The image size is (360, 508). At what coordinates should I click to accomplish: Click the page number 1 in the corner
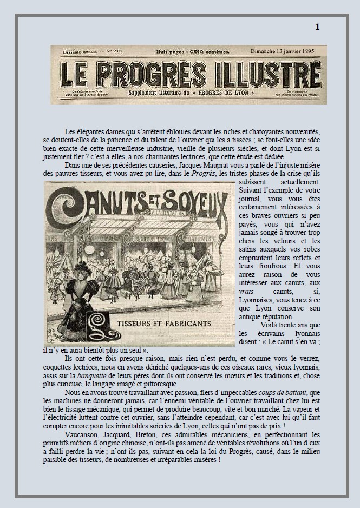click(x=317, y=27)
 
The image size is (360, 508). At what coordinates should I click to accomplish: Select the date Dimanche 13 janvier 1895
click(x=282, y=51)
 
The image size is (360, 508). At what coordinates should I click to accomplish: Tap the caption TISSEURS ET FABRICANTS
click(x=157, y=323)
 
